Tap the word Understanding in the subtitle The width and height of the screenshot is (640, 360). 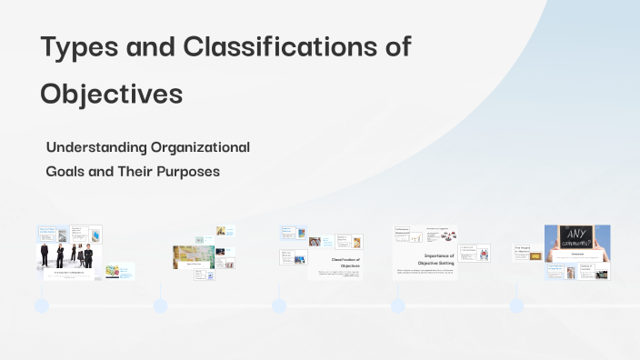[x=98, y=147]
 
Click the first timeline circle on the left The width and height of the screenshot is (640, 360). [x=42, y=306]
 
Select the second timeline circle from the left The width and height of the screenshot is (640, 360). [x=160, y=306]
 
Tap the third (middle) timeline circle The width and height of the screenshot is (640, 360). [x=279, y=306]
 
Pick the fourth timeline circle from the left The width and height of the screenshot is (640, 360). [x=397, y=306]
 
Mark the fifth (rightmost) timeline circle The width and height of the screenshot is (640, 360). [x=516, y=306]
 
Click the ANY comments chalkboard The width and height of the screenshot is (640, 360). [x=577, y=241]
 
